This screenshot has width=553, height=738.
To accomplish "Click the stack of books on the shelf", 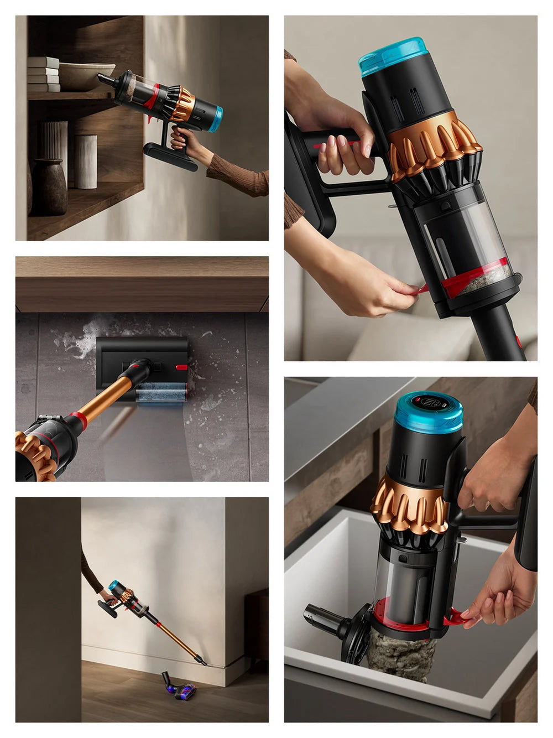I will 43,74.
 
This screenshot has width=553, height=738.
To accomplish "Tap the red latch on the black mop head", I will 181,367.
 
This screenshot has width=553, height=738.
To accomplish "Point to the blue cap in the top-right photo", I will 393,55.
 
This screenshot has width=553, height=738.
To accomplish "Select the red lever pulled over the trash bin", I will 458,615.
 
